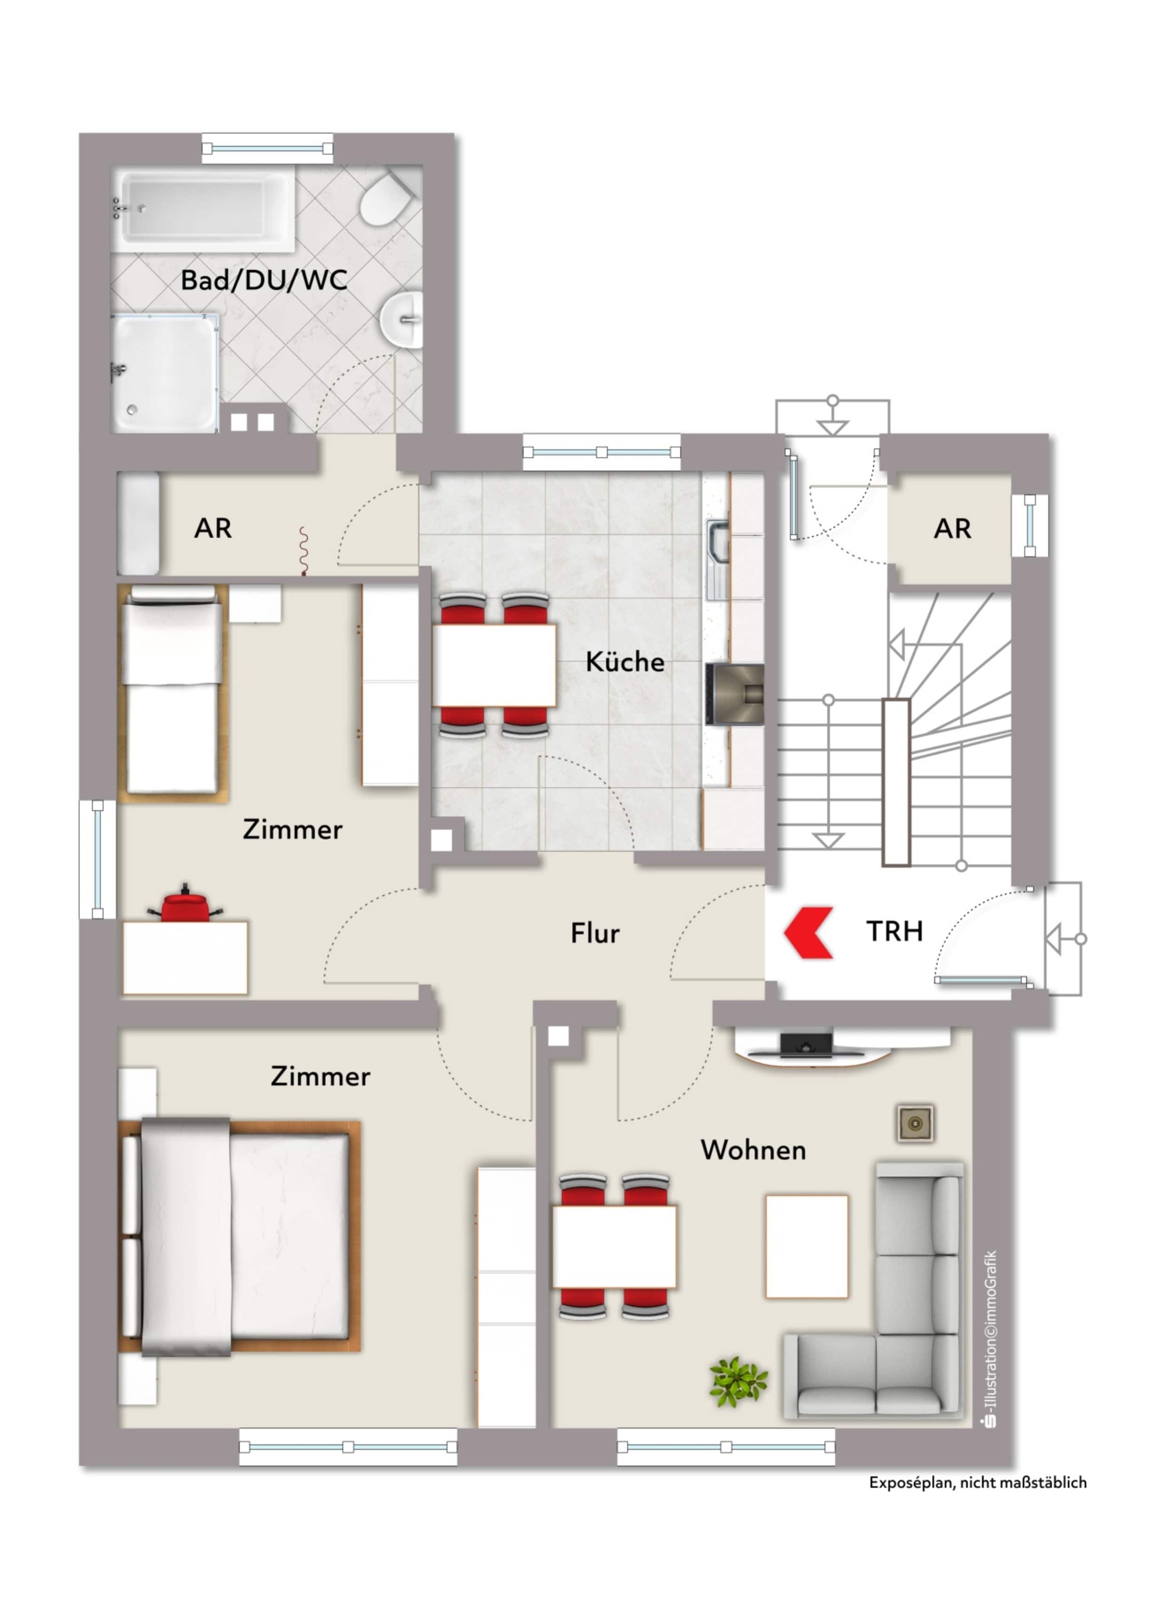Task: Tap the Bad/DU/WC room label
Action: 264,280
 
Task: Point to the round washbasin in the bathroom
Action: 402,320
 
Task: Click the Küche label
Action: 624,661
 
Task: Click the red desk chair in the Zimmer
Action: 186,904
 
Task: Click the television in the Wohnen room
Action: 807,1045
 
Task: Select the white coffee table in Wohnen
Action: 807,1246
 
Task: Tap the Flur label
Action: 594,933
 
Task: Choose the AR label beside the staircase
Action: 952,528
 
